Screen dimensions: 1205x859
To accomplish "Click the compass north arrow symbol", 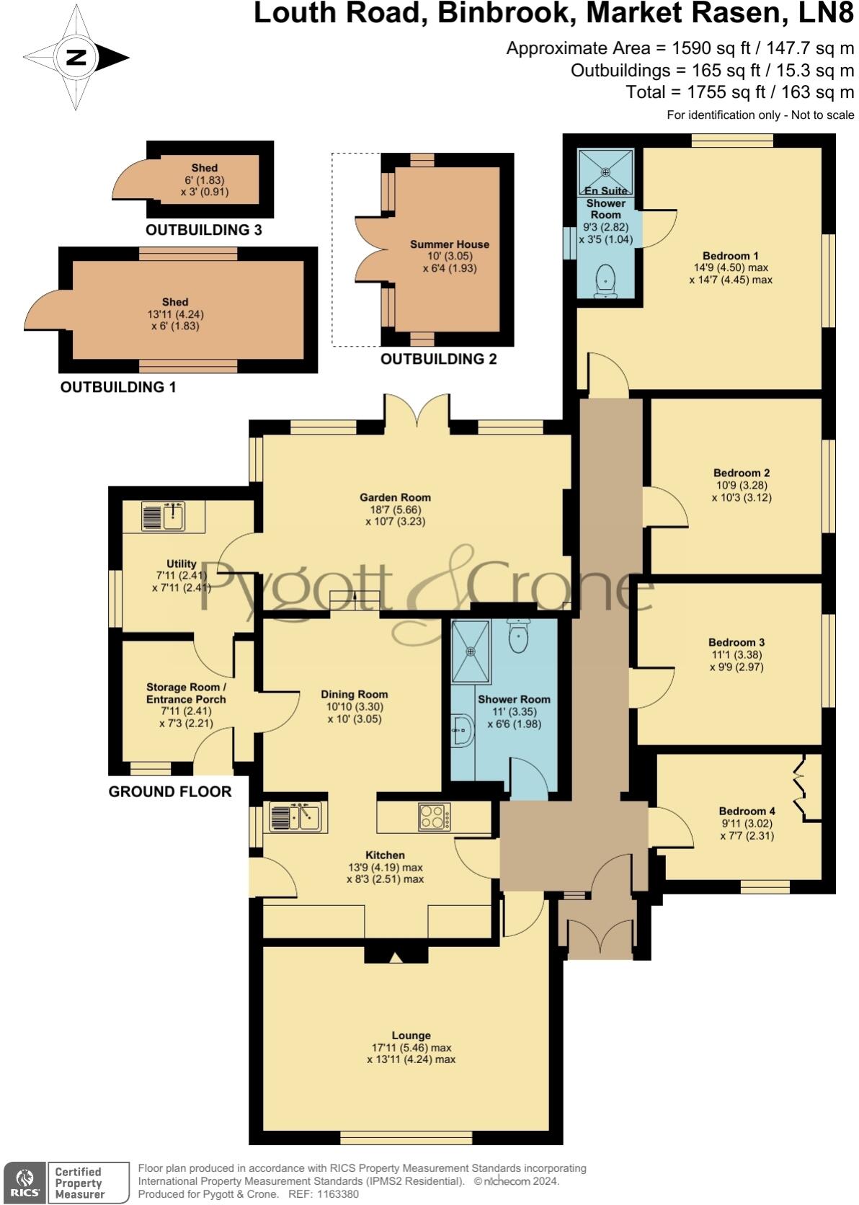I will point(76,58).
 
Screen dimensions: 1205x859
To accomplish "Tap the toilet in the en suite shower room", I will point(605,282).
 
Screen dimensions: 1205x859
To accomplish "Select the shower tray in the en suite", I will point(605,172).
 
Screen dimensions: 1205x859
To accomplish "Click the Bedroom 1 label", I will point(730,256).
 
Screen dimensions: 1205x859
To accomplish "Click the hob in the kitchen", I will point(435,817).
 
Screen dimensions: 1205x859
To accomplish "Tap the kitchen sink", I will point(296,817).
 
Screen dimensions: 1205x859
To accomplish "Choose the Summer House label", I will point(450,244).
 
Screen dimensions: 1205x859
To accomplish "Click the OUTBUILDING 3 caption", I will point(203,231).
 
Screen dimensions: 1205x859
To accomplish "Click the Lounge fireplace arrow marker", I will point(395,957).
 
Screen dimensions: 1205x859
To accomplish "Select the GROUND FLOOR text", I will point(170,791).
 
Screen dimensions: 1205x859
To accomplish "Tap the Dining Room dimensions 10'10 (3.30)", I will point(354,707).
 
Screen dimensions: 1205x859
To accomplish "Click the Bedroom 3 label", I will point(736,642).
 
